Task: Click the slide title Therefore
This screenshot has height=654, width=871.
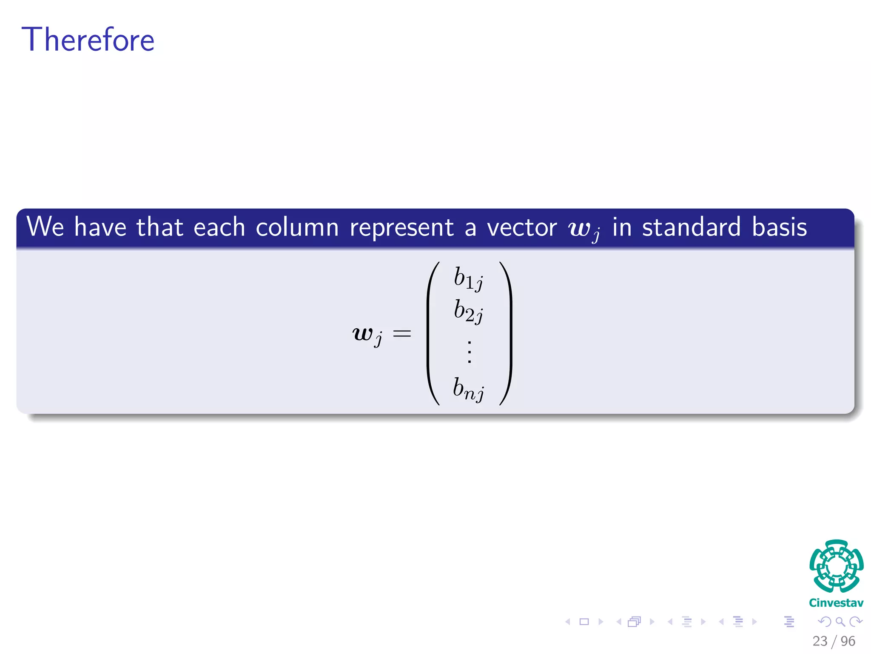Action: click(x=88, y=40)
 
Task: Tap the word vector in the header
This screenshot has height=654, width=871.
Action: click(x=522, y=227)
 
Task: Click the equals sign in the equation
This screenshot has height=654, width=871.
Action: click(x=402, y=333)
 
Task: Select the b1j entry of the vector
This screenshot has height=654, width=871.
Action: click(x=468, y=278)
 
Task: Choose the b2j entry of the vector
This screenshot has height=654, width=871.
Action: click(x=468, y=311)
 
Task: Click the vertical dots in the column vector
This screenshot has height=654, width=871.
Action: click(x=470, y=352)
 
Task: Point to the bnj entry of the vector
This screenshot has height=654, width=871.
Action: click(x=468, y=389)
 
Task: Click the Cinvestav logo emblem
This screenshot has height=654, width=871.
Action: click(x=836, y=566)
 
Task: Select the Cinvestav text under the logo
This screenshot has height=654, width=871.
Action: click(x=836, y=603)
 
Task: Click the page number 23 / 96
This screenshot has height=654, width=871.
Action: click(x=834, y=641)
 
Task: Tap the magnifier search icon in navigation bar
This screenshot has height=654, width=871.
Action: click(x=840, y=622)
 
